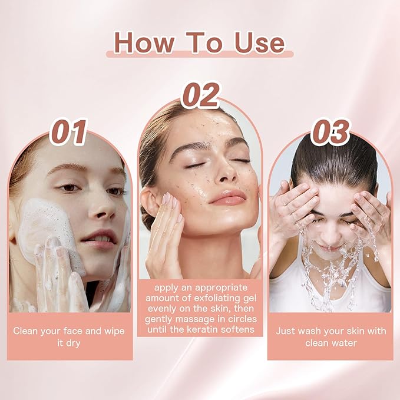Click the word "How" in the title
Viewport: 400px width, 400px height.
click(144, 43)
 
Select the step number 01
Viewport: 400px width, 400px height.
click(68, 132)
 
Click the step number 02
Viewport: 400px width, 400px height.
click(200, 95)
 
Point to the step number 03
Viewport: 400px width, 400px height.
click(330, 133)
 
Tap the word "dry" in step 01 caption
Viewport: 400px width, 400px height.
click(72, 343)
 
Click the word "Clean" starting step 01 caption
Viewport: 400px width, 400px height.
click(25, 331)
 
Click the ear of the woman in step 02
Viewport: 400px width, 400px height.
click(148, 201)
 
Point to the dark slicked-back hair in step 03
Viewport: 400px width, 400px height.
click(334, 161)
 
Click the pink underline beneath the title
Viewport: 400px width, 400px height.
click(200, 54)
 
